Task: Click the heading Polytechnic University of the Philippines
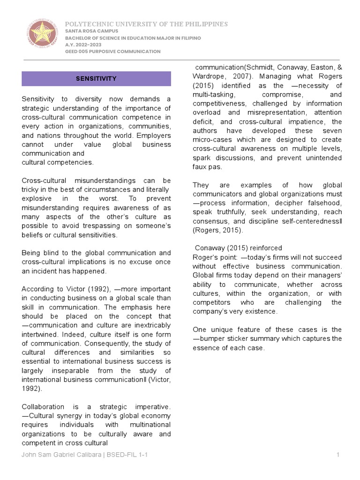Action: tap(146, 24)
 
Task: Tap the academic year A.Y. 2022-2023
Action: tap(79, 45)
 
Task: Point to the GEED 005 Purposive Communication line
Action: tap(112, 51)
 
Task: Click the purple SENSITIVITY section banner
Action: tap(96, 79)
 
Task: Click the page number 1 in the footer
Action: tap(337, 455)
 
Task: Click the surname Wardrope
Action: tap(210, 76)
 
